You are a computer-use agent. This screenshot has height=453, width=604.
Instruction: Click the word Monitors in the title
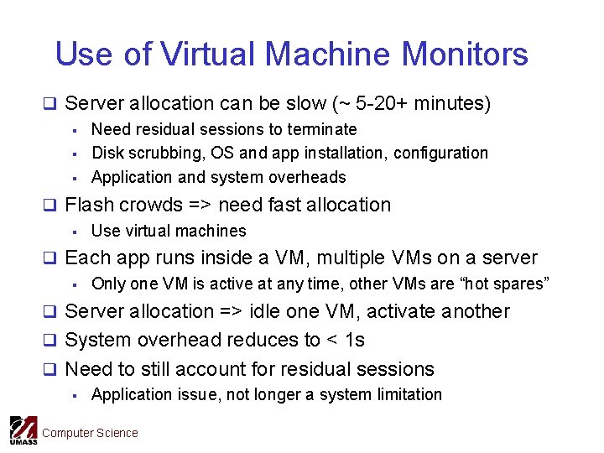tap(465, 55)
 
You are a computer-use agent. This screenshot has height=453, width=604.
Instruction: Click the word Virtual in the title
tap(211, 55)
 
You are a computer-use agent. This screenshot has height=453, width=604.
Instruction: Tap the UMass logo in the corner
tap(23, 430)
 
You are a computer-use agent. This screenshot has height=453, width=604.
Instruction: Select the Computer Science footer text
tap(90, 433)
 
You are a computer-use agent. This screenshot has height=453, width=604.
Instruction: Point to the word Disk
tap(107, 153)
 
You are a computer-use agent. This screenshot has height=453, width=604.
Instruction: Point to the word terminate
tap(325, 129)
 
